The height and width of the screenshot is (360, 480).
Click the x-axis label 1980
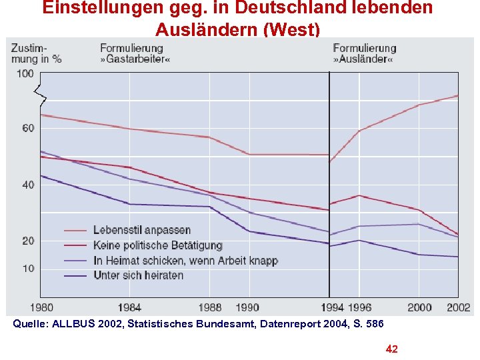pos(41,307)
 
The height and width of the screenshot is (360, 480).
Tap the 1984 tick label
pos(129,307)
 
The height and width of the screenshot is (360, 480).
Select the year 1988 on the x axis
pos(209,307)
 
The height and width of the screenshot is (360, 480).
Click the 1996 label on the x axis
pos(359,307)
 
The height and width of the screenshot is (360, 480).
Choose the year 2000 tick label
pos(419,307)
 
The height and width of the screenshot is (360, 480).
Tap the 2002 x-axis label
pos(459,307)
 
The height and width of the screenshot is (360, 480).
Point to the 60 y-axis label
pos(27,128)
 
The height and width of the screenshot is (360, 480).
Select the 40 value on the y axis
pos(27,185)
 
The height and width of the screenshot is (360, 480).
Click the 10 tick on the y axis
pos(27,269)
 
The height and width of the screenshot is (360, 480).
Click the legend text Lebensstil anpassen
pos(142,231)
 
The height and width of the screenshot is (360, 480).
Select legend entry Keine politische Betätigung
pos(158,245)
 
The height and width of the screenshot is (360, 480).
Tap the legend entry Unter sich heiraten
pos(139,275)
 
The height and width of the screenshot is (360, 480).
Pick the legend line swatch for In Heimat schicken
pos(75,261)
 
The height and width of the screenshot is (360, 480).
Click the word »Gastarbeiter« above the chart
pos(131,59)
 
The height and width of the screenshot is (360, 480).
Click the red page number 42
pos(392,349)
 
